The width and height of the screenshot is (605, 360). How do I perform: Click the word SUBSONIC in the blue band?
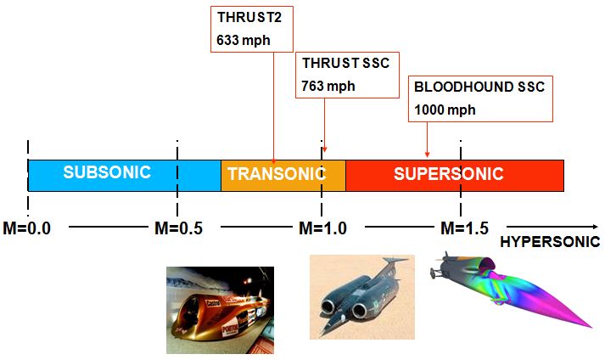[x=107, y=172]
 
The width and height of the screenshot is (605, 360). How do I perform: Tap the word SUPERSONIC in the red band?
[x=448, y=175]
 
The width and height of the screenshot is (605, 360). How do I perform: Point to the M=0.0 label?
[x=26, y=228]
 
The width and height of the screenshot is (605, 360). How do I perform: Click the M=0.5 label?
[x=177, y=228]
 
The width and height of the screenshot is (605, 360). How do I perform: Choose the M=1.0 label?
[x=322, y=228]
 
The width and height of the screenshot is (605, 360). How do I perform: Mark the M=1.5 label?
[x=463, y=228]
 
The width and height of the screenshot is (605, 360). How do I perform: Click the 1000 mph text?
[x=445, y=110]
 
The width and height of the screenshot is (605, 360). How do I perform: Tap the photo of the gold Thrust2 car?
[x=220, y=309]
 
